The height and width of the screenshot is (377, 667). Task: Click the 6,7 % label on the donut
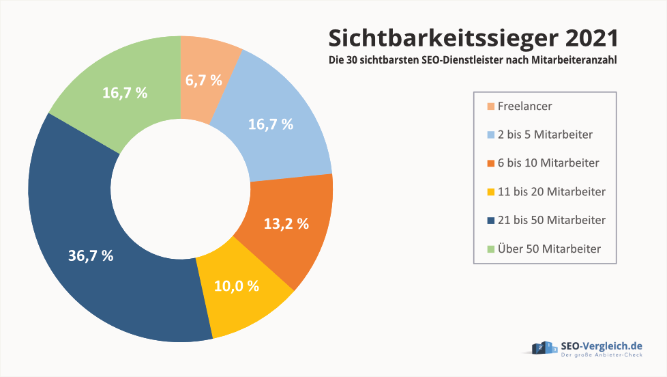coord(203,80)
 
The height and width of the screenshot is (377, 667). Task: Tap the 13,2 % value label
coord(286,223)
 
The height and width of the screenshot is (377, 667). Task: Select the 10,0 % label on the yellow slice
coord(236,286)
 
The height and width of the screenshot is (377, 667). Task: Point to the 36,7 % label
coord(91,256)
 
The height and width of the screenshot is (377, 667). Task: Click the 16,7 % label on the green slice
coord(124,94)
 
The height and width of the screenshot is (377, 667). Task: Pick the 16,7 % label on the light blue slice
coord(269,124)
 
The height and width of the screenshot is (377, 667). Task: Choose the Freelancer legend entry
coord(524,107)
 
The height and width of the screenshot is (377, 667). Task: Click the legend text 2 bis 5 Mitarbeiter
coord(545,135)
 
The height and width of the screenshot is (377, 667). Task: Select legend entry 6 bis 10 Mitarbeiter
coord(548,163)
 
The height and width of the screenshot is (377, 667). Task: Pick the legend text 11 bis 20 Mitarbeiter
coord(551,192)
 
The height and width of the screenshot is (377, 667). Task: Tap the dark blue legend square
coord(490,221)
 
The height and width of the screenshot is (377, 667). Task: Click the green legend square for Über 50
coord(490,249)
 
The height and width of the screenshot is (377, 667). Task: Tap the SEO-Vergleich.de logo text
coord(601,346)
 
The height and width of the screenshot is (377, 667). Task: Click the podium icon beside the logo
coord(544,348)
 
